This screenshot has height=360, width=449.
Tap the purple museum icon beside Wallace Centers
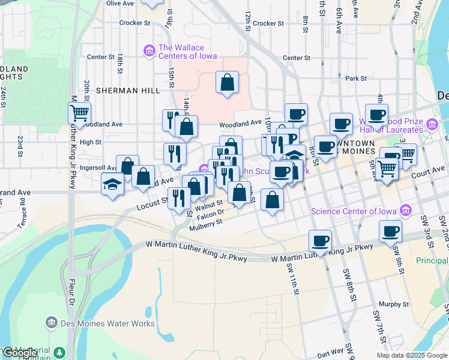(x=148, y=52)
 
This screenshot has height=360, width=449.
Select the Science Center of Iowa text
(x=354, y=211)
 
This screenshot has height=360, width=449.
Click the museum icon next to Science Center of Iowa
(x=406, y=211)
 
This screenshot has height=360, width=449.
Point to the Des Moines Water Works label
(x=107, y=323)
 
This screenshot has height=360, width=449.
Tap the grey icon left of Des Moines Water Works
(x=51, y=323)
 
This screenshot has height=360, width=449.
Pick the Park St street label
(x=356, y=79)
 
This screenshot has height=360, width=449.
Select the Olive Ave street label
(x=120, y=4)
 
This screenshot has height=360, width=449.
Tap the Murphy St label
(x=394, y=304)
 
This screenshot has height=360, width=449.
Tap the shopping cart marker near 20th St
(x=79, y=112)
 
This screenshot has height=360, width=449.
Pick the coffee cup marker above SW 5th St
(x=391, y=230)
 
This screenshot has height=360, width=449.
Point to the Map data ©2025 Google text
(x=412, y=355)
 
